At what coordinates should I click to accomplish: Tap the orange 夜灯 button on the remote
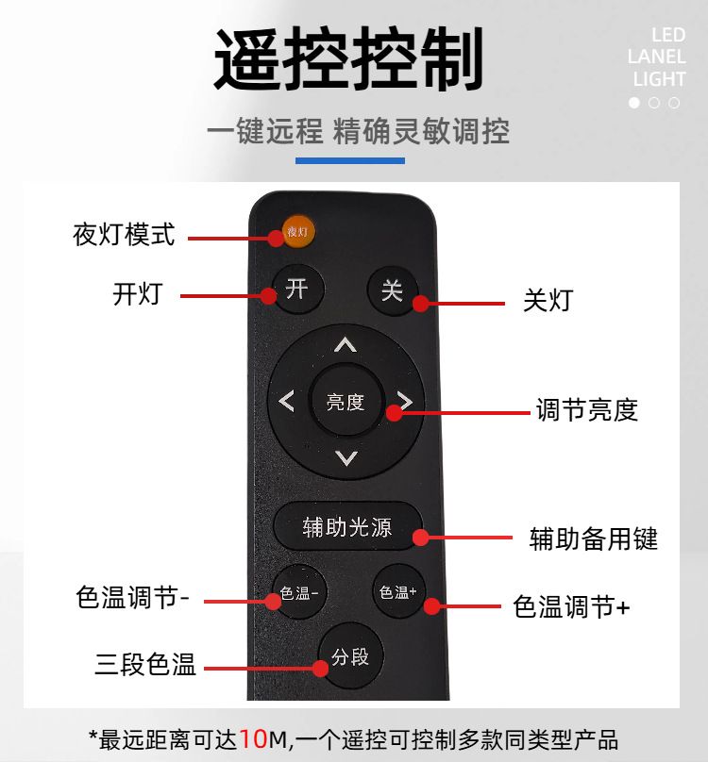click(297, 231)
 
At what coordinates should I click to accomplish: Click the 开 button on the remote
click(297, 290)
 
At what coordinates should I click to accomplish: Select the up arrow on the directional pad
click(346, 344)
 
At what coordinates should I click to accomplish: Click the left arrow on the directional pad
click(286, 402)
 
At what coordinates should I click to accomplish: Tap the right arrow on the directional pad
click(405, 401)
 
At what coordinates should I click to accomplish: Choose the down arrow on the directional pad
click(346, 458)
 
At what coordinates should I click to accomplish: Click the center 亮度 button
click(346, 402)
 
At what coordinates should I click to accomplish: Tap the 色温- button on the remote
click(299, 592)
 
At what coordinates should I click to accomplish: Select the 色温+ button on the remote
click(398, 591)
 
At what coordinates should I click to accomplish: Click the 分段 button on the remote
click(350, 656)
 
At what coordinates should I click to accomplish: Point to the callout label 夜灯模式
click(124, 235)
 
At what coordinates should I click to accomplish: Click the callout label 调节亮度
click(587, 409)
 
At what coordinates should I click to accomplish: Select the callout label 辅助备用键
click(594, 538)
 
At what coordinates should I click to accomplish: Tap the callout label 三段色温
click(145, 664)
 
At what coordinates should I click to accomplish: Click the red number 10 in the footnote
click(254, 739)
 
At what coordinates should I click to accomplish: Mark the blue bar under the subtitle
click(350, 160)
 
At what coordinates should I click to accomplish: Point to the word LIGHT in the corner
click(659, 78)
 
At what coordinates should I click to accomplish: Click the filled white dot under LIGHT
click(634, 103)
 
